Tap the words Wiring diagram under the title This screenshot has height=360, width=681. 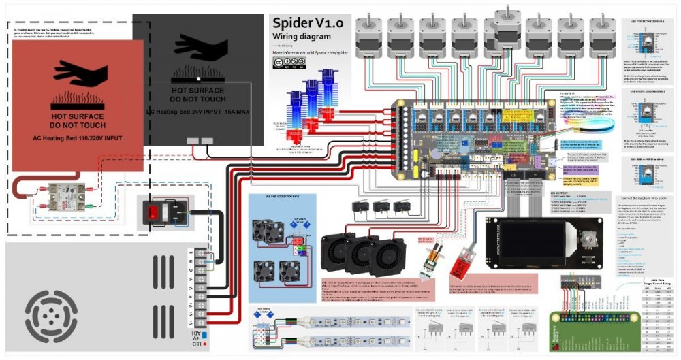coord(302,37)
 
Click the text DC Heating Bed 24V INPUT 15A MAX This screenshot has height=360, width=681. coord(197,112)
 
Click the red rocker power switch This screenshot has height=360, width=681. coord(154,212)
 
